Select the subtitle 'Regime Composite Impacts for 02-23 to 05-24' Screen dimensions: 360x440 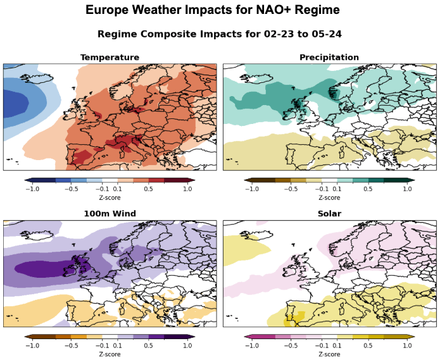click(x=219, y=33)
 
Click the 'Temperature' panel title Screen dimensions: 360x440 click(x=110, y=58)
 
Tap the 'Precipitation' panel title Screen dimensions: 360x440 click(x=329, y=58)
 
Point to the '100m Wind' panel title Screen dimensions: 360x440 click(x=110, y=214)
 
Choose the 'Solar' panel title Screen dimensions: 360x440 click(x=329, y=214)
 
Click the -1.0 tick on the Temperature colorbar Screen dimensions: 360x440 click(x=32, y=189)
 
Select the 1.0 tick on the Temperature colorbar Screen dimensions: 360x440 click(x=187, y=189)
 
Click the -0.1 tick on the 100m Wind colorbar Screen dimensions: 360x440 click(x=102, y=345)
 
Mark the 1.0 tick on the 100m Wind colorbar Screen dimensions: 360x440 click(x=187, y=345)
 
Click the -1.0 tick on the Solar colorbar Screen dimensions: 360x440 click(x=251, y=345)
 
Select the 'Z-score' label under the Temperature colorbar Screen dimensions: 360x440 click(x=110, y=197)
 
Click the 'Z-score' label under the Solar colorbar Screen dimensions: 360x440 click(x=329, y=354)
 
